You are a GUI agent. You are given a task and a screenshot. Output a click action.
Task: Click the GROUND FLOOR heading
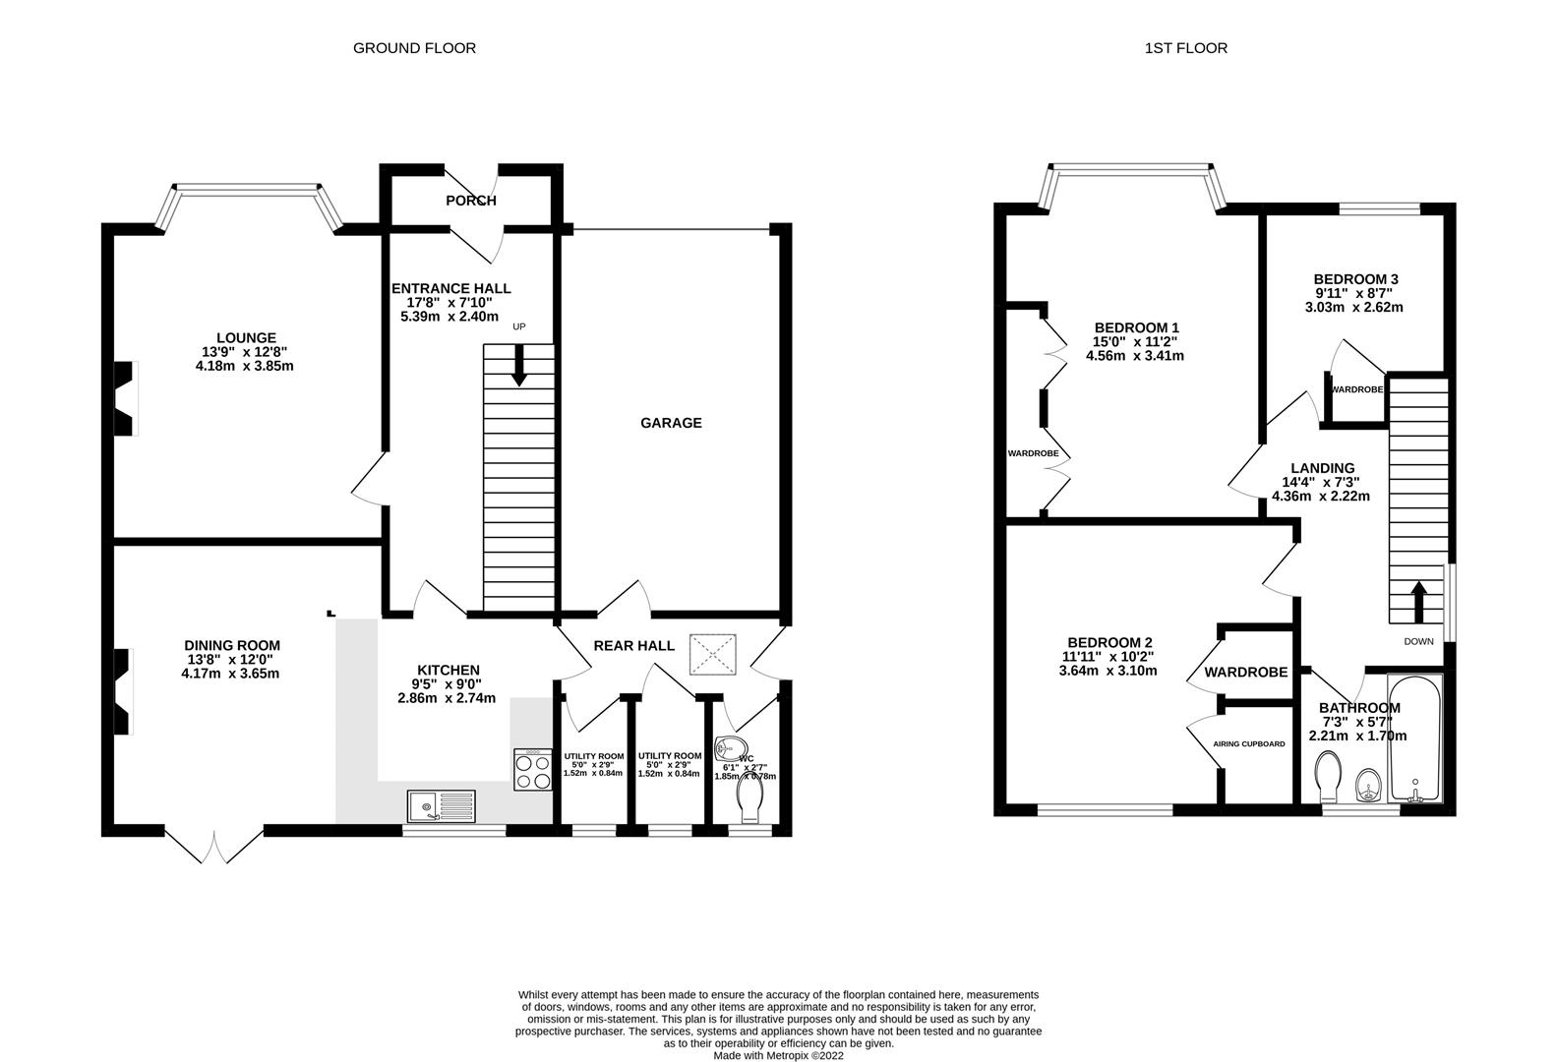(414, 47)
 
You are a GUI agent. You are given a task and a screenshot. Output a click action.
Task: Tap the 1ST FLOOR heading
(1185, 47)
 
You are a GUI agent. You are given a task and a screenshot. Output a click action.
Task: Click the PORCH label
(471, 201)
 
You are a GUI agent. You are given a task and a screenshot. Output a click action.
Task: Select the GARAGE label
(671, 423)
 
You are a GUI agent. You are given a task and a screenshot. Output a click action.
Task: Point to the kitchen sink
(441, 806)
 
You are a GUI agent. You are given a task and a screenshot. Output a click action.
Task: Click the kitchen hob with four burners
(532, 769)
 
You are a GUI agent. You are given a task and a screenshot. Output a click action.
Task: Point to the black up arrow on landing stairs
(1417, 601)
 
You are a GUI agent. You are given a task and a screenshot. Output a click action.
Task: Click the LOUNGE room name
(247, 337)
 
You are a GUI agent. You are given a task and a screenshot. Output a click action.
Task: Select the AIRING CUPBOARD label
(1249, 744)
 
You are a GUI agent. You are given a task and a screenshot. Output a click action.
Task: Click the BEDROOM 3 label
(1356, 279)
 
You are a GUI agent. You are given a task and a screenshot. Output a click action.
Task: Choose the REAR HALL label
(633, 646)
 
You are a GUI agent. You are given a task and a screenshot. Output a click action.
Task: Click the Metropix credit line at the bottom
(778, 1055)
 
